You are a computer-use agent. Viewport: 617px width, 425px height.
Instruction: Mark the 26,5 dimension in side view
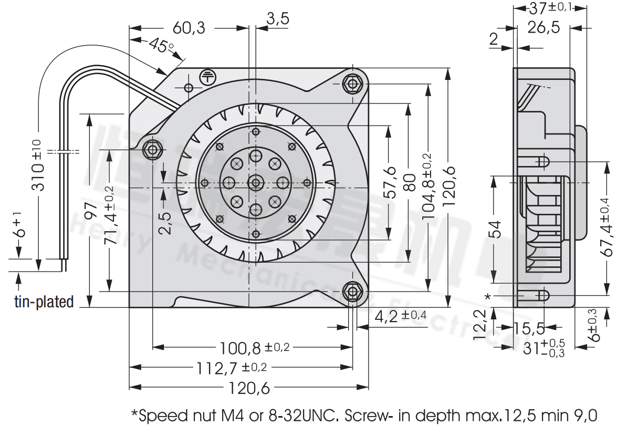point(543,27)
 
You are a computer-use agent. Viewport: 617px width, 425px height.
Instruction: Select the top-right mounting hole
point(352,83)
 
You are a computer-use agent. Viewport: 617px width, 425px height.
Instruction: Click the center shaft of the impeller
point(256,183)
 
